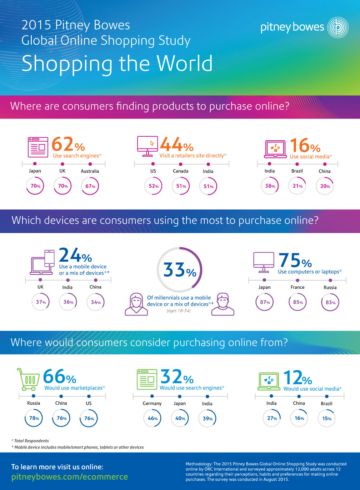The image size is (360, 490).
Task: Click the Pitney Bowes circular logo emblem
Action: pyautogui.click(x=337, y=27)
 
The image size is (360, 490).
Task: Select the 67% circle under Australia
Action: pyautogui.click(x=90, y=186)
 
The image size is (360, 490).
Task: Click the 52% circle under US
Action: pyautogui.click(x=153, y=186)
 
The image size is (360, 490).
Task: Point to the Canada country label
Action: pyautogui.click(x=181, y=171)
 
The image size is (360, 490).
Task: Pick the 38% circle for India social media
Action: pyautogui.click(x=270, y=186)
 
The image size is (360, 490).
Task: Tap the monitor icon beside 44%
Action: pyautogui.click(x=147, y=146)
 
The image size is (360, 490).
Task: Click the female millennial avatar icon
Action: pyautogui.click(x=136, y=304)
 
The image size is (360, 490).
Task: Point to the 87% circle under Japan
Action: pyautogui.click(x=265, y=302)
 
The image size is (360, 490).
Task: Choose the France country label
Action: pyautogui.click(x=297, y=287)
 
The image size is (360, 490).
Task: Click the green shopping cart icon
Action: pyautogui.click(x=28, y=379)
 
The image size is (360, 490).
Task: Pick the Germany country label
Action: pyautogui.click(x=152, y=403)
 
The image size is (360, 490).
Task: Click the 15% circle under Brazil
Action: pyautogui.click(x=326, y=418)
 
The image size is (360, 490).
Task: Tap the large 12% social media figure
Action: pyautogui.click(x=297, y=378)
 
